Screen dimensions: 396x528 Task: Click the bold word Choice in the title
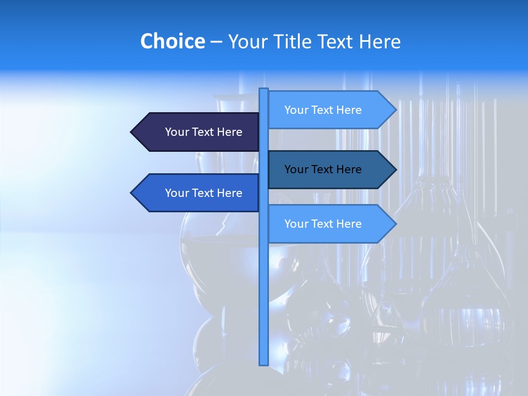(x=172, y=42)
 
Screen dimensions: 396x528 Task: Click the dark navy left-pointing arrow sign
(x=198, y=132)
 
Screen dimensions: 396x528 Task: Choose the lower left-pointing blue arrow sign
(x=198, y=193)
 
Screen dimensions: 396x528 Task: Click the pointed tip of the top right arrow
(x=395, y=110)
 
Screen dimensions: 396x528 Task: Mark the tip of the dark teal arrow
(x=395, y=169)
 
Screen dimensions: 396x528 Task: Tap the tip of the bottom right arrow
(x=395, y=224)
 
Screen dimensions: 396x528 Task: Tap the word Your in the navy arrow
(x=177, y=132)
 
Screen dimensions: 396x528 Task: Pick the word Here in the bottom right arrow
(x=348, y=224)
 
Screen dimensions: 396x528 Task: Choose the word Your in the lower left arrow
(x=177, y=193)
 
